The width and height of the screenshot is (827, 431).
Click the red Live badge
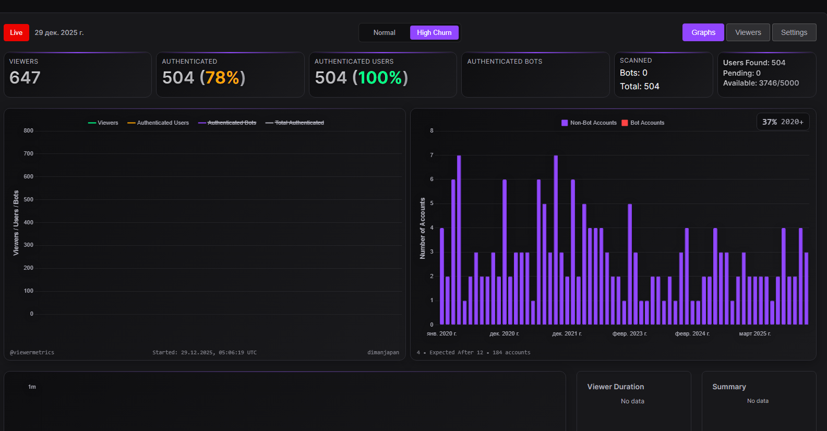point(16,32)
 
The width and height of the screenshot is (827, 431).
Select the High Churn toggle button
point(434,32)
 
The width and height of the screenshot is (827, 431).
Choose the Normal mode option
point(384,32)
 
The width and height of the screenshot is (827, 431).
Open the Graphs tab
point(703,32)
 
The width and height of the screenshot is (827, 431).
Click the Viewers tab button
point(748,32)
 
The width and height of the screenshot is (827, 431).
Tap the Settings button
point(794,32)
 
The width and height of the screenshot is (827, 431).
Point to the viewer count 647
point(25,78)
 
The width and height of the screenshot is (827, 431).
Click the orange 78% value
point(222,78)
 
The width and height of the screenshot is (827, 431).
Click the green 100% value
point(380,78)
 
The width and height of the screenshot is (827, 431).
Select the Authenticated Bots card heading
point(505,62)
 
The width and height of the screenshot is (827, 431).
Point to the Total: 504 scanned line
point(639,86)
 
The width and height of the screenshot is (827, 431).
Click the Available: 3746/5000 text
point(761,83)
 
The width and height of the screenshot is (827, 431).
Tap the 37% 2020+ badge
point(783,122)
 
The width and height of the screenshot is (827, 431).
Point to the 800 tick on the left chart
point(28,130)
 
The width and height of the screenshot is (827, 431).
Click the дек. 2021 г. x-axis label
point(567,333)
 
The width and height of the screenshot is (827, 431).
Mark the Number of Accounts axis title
point(423,228)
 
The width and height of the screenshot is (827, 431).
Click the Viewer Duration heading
point(615,387)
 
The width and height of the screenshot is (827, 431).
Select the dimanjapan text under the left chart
point(383,352)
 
